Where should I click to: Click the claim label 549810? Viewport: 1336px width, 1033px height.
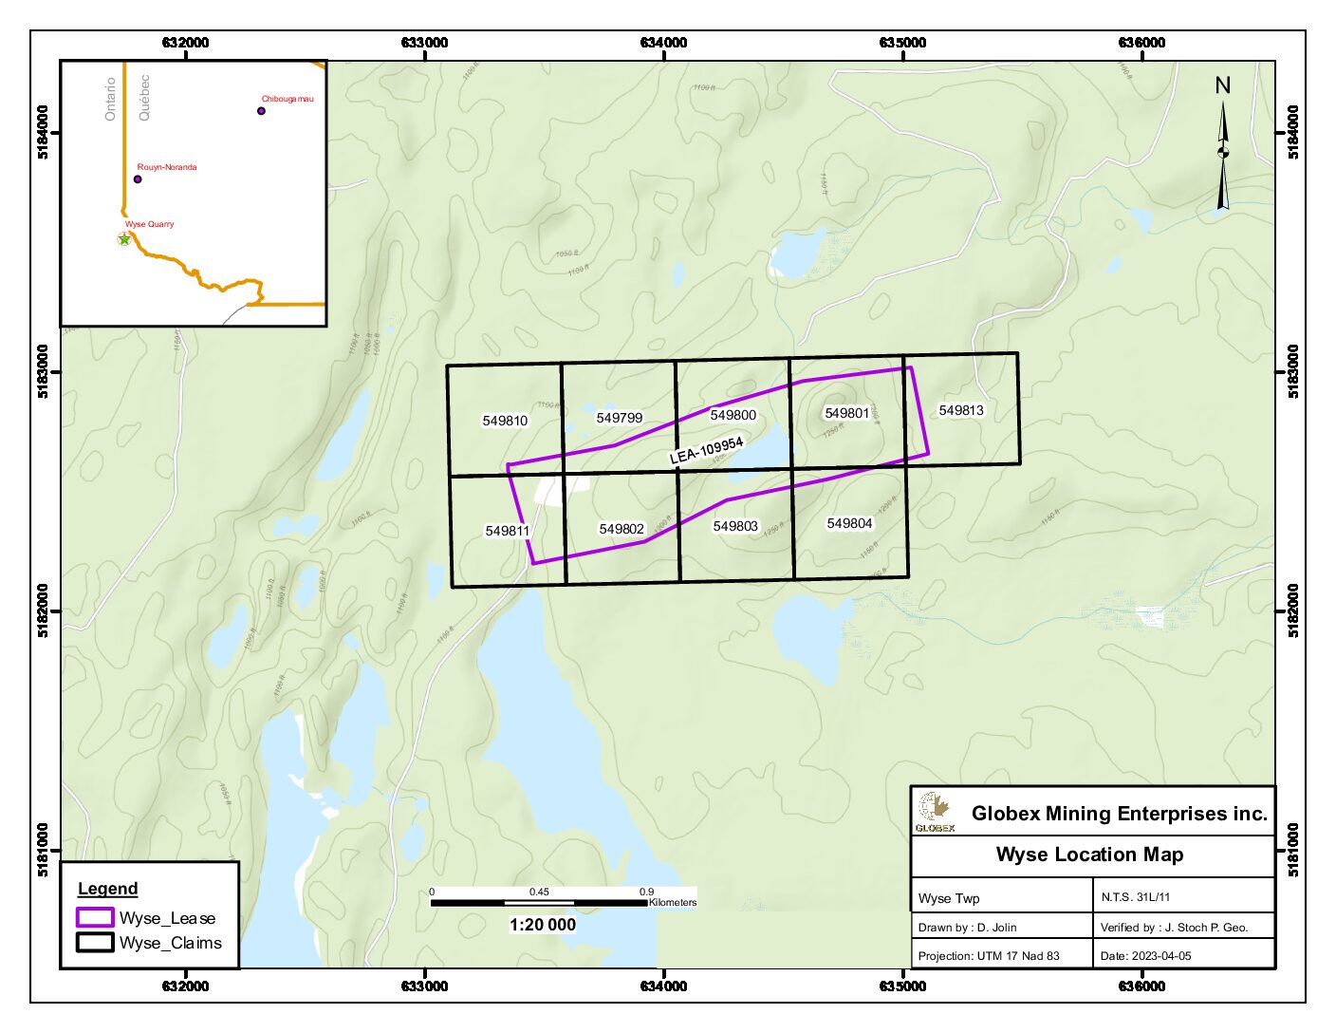505,421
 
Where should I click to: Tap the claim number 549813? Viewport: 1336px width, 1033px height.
960,410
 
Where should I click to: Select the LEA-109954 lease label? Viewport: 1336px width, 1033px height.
706,450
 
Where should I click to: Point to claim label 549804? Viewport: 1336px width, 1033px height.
849,523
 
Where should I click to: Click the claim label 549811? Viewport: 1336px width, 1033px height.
507,531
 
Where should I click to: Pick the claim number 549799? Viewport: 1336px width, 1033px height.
619,418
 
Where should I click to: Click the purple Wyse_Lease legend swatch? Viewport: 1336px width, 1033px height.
95,918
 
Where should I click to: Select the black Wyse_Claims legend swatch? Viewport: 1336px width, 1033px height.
95,943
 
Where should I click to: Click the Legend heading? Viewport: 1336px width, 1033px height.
107,889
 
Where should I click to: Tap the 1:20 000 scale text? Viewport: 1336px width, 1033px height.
542,925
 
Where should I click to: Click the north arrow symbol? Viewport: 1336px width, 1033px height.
1223,152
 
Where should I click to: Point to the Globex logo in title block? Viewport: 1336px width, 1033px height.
935,812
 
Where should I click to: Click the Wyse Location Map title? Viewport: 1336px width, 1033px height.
1089,855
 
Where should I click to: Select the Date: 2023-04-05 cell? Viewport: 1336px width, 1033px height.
1145,956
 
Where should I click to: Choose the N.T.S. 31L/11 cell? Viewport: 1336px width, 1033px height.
1135,896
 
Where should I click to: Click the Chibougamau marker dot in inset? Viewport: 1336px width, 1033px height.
261,111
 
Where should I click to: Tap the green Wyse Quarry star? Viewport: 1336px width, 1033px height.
123,239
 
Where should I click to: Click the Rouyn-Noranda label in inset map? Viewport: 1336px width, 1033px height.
167,167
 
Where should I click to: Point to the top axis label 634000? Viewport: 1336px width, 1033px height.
663,43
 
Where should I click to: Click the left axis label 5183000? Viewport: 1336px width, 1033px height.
44,371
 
